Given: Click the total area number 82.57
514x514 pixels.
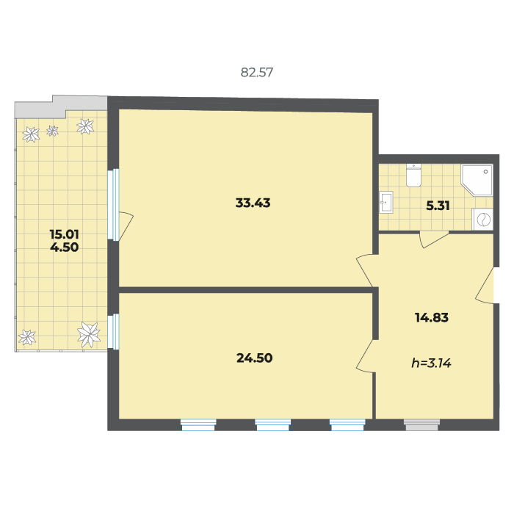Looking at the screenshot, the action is tap(257, 73).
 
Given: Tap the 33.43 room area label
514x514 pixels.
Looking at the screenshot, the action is tap(253, 203).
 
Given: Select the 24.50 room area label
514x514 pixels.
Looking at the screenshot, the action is tap(254, 358).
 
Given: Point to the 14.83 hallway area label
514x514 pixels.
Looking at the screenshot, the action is tap(432, 317).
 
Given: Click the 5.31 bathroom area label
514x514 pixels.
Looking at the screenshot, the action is tap(438, 206).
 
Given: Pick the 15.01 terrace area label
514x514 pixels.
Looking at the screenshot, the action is tap(65, 234).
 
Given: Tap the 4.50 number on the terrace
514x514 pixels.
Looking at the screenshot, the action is tap(65, 247).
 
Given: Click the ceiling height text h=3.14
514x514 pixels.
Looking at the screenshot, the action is tap(432, 363).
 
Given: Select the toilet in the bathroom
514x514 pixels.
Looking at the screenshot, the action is tap(413, 175).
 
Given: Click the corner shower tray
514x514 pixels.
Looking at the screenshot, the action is tap(477, 180).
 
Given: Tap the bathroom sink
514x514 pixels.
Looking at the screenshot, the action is tap(386, 202).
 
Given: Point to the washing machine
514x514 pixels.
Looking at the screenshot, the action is tap(482, 220).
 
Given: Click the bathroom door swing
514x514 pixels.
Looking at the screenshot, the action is tap(433, 239).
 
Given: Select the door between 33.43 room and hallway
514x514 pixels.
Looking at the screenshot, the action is tap(365, 270).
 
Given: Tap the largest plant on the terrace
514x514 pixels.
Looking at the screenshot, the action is tap(89, 334).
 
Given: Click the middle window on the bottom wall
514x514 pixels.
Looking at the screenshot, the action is tap(272, 425).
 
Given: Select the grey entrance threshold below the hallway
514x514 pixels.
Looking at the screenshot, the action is tap(421, 425).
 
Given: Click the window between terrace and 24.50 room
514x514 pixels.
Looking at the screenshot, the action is tap(113, 331).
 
